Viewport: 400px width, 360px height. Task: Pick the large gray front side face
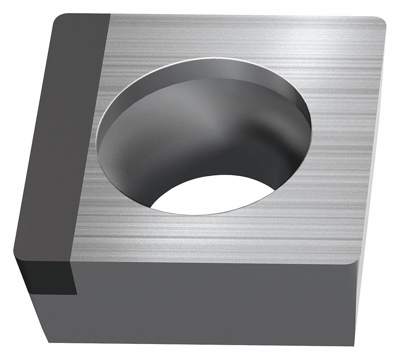click(213, 302)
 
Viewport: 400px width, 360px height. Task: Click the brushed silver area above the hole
click(213, 39)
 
